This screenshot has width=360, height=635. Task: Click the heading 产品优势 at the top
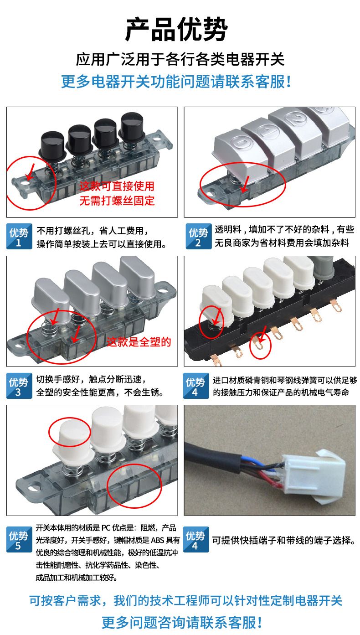(x=176, y=29)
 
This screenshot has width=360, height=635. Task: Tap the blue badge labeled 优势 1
(x=19, y=237)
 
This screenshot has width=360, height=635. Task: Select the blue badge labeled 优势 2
(x=198, y=237)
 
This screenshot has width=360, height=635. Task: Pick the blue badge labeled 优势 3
(x=19, y=386)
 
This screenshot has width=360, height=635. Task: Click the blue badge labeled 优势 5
(x=19, y=539)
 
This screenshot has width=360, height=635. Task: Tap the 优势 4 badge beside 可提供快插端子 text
(x=196, y=539)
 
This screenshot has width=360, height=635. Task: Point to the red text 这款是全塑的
(x=139, y=342)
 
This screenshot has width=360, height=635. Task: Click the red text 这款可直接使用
(x=117, y=186)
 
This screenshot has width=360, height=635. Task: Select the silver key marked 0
(x=241, y=153)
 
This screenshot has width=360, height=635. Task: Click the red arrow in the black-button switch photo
(x=30, y=171)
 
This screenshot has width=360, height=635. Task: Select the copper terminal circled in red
(x=258, y=342)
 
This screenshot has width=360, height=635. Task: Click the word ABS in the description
(x=157, y=540)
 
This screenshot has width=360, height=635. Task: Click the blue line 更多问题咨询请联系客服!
(x=181, y=623)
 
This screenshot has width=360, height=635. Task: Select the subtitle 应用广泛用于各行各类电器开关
(x=180, y=59)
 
